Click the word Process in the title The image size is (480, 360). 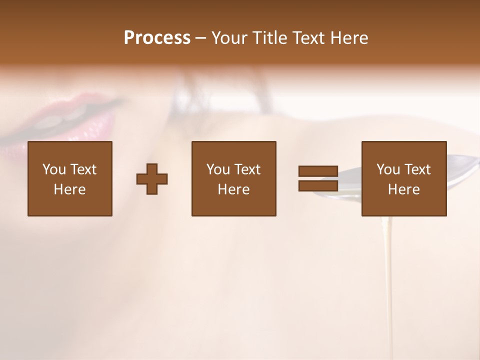point(157,38)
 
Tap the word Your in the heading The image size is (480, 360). point(229,38)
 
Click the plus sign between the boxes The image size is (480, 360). point(152,179)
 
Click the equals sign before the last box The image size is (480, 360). point(318,178)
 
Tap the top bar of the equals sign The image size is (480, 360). point(318,171)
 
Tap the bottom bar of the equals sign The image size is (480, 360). point(318,185)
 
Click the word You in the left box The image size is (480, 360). point(54,169)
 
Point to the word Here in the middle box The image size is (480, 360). point(233,189)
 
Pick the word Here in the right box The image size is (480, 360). point(403,189)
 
